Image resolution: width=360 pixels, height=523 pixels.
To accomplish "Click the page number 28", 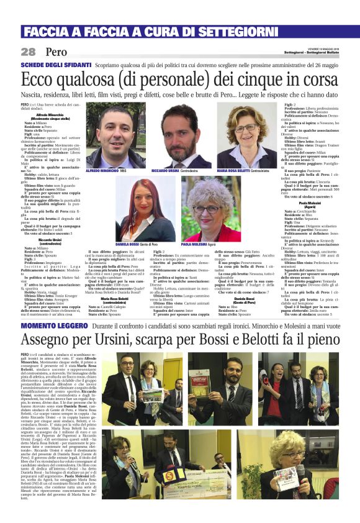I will click(x=28, y=52).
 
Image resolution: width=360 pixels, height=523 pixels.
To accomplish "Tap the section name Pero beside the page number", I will click(x=56, y=52).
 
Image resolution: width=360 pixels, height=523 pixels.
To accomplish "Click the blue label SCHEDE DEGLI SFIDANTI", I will click(x=56, y=65).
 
